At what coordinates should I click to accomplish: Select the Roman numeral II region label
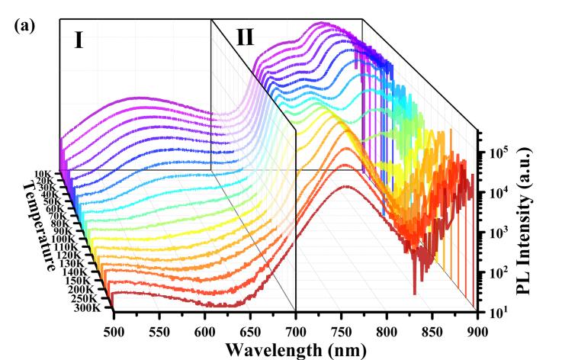click(244, 37)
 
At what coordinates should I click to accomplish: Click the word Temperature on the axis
click(39, 226)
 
